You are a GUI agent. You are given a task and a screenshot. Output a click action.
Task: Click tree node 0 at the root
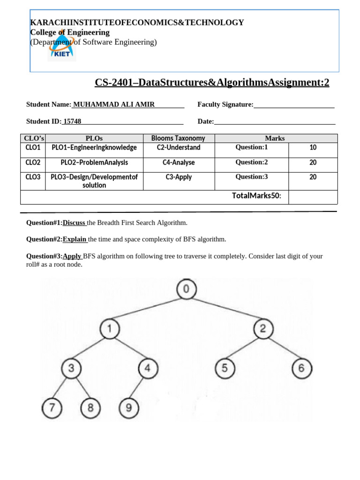186,289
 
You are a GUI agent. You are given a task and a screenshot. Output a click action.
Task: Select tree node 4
148,369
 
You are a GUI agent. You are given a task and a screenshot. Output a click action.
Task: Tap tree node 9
129,408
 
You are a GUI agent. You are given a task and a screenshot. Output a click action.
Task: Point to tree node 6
301,369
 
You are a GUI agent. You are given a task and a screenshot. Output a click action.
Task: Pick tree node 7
52,408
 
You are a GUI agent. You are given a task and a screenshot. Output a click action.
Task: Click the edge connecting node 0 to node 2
225,309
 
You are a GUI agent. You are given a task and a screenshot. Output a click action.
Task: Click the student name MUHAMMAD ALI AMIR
114,105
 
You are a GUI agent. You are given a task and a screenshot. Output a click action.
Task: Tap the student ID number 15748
72,121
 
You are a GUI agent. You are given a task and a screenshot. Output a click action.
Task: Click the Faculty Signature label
225,105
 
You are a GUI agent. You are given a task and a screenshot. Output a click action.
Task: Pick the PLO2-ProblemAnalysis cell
94,163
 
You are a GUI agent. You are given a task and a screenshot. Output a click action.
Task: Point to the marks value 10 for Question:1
313,148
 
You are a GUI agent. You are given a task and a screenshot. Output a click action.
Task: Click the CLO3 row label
33,177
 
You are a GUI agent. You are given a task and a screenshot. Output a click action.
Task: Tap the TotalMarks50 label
256,195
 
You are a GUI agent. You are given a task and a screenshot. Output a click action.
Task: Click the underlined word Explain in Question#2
75,240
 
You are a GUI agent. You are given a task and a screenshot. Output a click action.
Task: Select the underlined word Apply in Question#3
72,256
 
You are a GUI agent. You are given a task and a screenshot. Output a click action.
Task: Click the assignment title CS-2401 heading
212,82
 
